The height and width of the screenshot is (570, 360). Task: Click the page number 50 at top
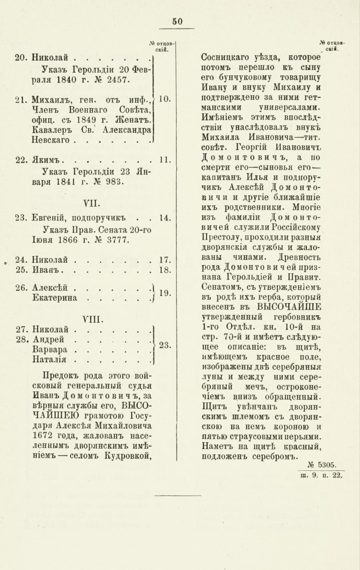pyautogui.click(x=178, y=21)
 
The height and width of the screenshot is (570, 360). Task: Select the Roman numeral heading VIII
pyautogui.click(x=90, y=315)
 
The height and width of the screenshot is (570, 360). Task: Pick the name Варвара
pyautogui.click(x=49, y=350)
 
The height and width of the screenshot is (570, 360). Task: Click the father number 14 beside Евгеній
pyautogui.click(x=165, y=218)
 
